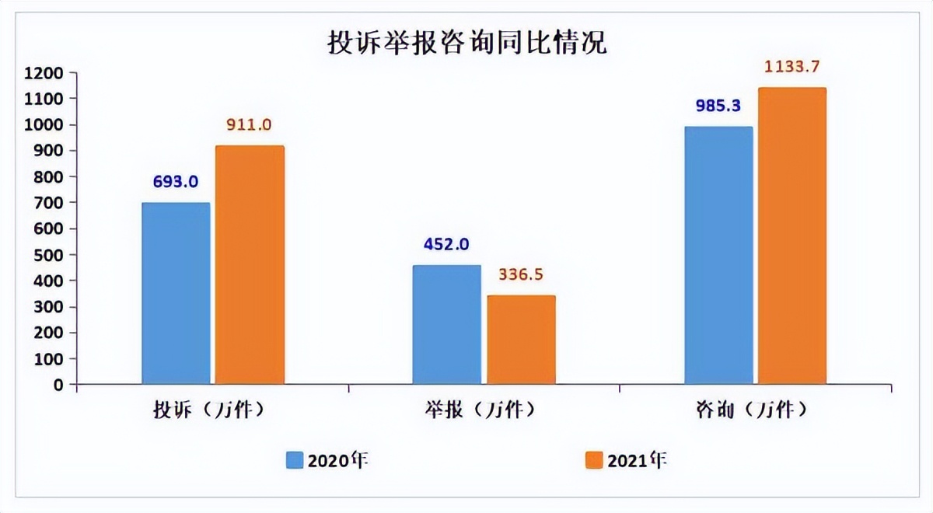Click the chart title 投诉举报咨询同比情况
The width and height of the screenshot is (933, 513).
(x=466, y=43)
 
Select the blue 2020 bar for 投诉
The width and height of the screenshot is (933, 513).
(x=176, y=293)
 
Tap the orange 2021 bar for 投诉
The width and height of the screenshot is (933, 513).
(x=250, y=264)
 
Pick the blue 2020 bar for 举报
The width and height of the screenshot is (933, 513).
(x=446, y=324)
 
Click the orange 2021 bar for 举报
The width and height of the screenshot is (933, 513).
(x=521, y=340)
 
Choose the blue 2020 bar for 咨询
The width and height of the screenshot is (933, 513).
(x=718, y=255)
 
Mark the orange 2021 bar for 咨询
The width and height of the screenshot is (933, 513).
(x=792, y=236)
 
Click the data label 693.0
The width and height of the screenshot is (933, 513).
(x=176, y=182)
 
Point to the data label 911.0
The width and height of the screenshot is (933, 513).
(x=250, y=125)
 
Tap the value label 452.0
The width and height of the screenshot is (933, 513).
(x=446, y=244)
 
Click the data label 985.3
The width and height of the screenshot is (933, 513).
(x=718, y=106)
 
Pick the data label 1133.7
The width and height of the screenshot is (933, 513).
(x=792, y=67)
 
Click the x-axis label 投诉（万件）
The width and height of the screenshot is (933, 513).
(x=209, y=409)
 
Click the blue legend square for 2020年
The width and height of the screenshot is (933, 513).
(x=295, y=460)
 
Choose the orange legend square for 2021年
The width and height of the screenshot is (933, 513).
(x=594, y=460)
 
